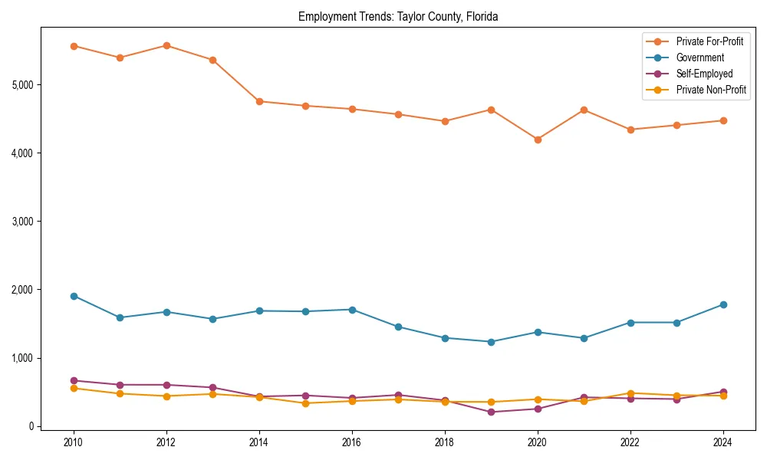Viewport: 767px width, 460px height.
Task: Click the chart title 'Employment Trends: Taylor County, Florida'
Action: (398, 17)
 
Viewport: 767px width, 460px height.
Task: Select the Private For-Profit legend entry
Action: (709, 41)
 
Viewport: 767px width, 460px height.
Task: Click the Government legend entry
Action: (700, 58)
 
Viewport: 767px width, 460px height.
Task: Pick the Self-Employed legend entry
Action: (704, 74)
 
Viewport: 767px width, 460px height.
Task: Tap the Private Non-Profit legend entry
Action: (711, 90)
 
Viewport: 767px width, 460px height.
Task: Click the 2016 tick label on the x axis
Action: (352, 442)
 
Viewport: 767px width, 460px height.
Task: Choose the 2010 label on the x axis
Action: (74, 442)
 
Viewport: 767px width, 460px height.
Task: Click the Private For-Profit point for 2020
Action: (538, 140)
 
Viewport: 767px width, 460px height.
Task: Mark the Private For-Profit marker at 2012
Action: (166, 45)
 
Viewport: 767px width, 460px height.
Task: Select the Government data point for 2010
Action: (74, 296)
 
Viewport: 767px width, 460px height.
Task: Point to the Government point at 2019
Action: (491, 342)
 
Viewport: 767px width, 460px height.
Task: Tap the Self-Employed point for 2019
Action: (491, 412)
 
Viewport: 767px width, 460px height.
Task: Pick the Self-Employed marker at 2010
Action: (74, 380)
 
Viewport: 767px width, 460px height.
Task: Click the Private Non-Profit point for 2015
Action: (305, 403)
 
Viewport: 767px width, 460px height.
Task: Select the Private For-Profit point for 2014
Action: (259, 101)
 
